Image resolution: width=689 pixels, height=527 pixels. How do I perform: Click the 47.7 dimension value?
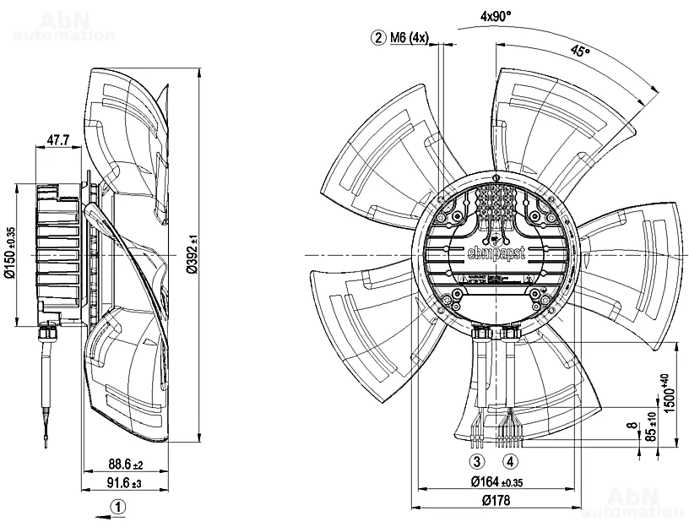pyautogui.click(x=57, y=139)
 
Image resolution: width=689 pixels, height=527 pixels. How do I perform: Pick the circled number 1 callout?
pyautogui.click(x=120, y=507)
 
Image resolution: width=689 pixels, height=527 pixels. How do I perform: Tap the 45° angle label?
pyautogui.click(x=580, y=51)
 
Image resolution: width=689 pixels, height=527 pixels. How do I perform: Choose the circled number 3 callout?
pyautogui.click(x=478, y=461)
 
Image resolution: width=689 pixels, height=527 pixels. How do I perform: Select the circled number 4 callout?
pyautogui.click(x=510, y=461)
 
